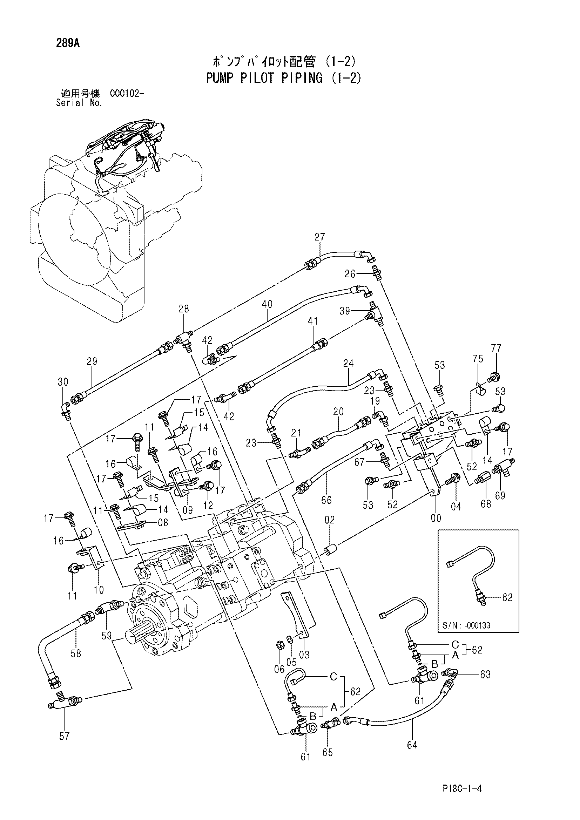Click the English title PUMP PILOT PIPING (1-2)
pyautogui.click(x=284, y=78)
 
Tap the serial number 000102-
pyautogui.click(x=127, y=94)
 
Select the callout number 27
pyautogui.click(x=320, y=237)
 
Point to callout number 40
pyautogui.click(x=267, y=304)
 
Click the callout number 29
pyautogui.click(x=92, y=361)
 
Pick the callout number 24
pyautogui.click(x=348, y=363)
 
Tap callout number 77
pyautogui.click(x=496, y=348)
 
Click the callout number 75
pyautogui.click(x=478, y=358)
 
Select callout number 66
pyautogui.click(x=326, y=500)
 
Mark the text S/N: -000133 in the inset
pyautogui.click(x=466, y=625)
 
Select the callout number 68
pyautogui.click(x=486, y=504)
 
